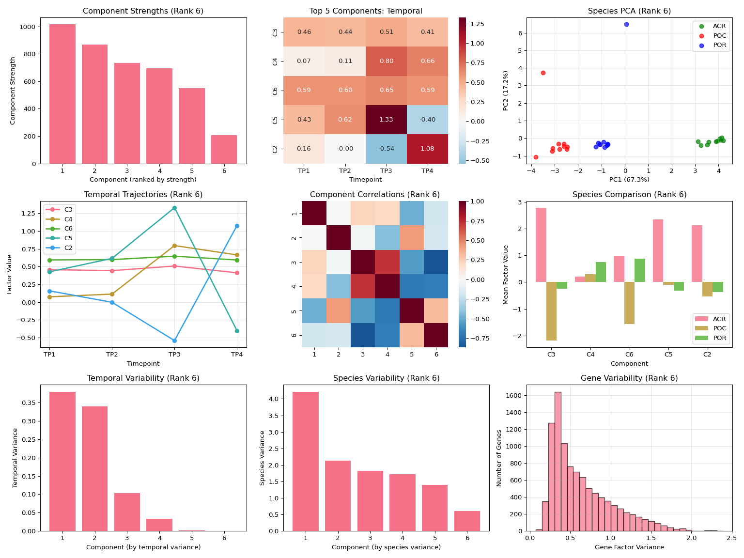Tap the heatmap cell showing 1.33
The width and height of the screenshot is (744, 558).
[x=386, y=120]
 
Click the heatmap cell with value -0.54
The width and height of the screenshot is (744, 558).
[x=386, y=149]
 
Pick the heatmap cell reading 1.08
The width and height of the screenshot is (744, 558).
[x=427, y=149]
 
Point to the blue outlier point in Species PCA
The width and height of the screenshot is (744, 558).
[x=626, y=24]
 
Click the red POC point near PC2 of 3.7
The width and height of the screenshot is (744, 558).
[x=543, y=73]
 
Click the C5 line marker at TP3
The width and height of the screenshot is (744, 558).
[x=174, y=208]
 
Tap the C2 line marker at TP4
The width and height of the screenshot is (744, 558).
[x=237, y=226]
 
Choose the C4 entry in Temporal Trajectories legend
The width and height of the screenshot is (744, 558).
[x=68, y=219]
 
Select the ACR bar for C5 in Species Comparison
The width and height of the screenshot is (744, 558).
[x=658, y=250]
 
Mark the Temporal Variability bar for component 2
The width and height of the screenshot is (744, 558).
[x=94, y=468]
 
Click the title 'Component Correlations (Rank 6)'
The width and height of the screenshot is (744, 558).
[x=375, y=195]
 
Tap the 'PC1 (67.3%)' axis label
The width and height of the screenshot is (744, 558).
[x=629, y=180]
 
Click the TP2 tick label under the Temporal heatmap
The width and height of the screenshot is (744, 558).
[x=345, y=170]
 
